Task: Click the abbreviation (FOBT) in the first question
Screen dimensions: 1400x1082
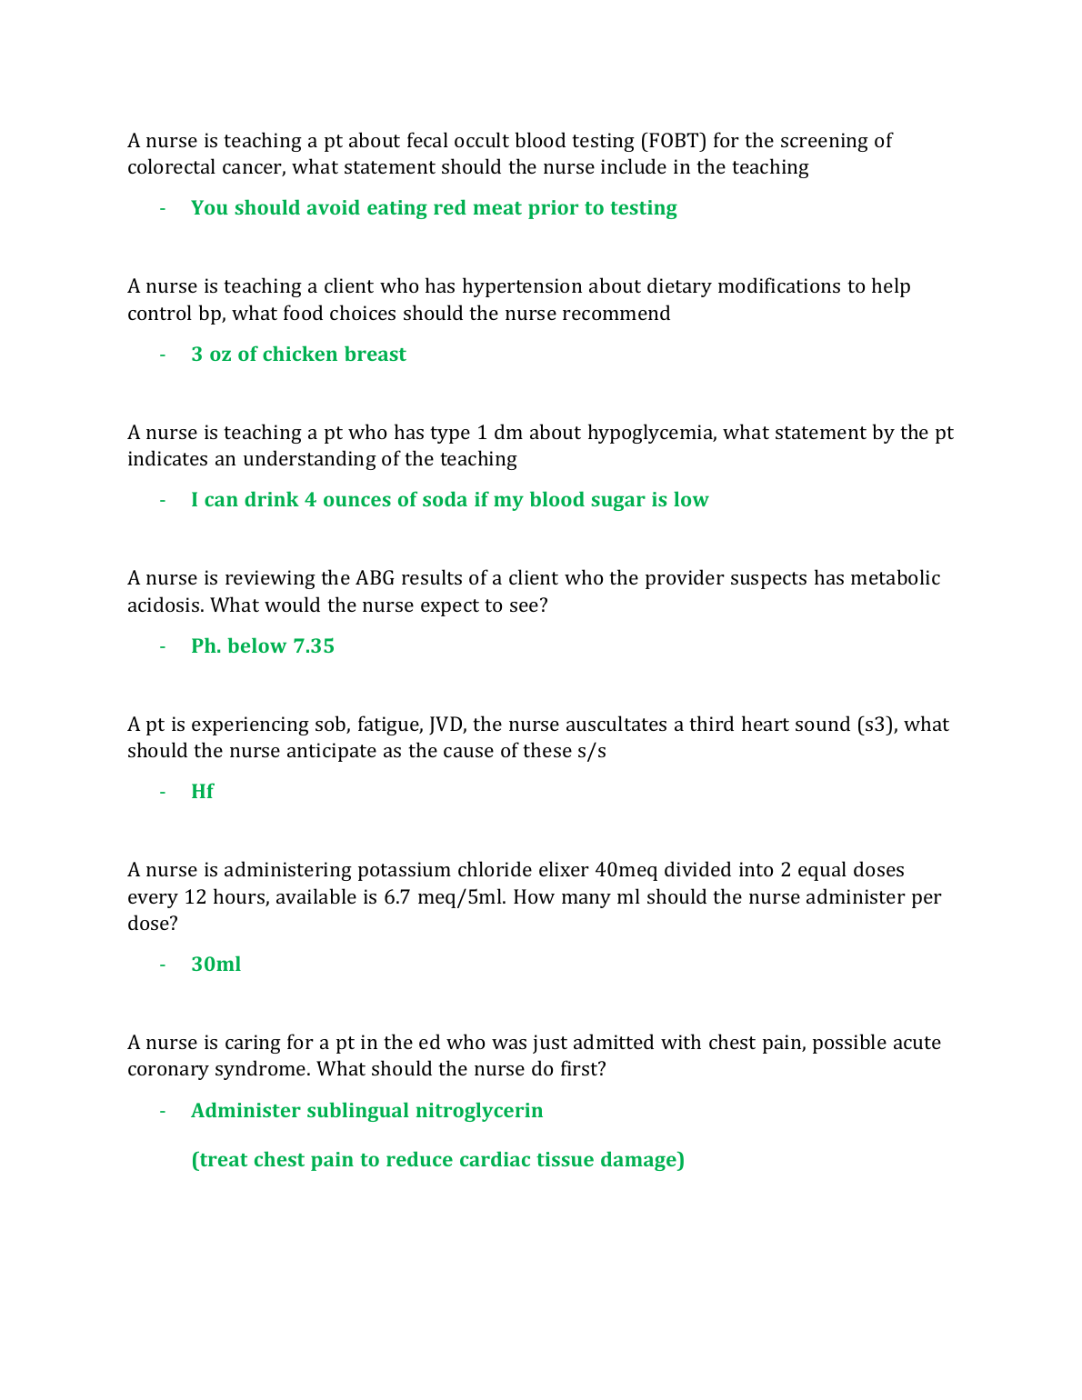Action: click(x=673, y=141)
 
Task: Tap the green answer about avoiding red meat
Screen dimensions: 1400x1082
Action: click(x=434, y=208)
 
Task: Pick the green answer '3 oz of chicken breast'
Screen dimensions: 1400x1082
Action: click(x=298, y=355)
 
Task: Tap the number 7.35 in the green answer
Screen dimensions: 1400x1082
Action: click(x=314, y=646)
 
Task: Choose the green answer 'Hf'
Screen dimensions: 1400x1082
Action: click(x=202, y=792)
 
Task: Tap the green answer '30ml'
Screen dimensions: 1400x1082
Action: click(x=215, y=965)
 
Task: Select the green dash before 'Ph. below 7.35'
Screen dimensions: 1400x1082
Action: click(x=163, y=646)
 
